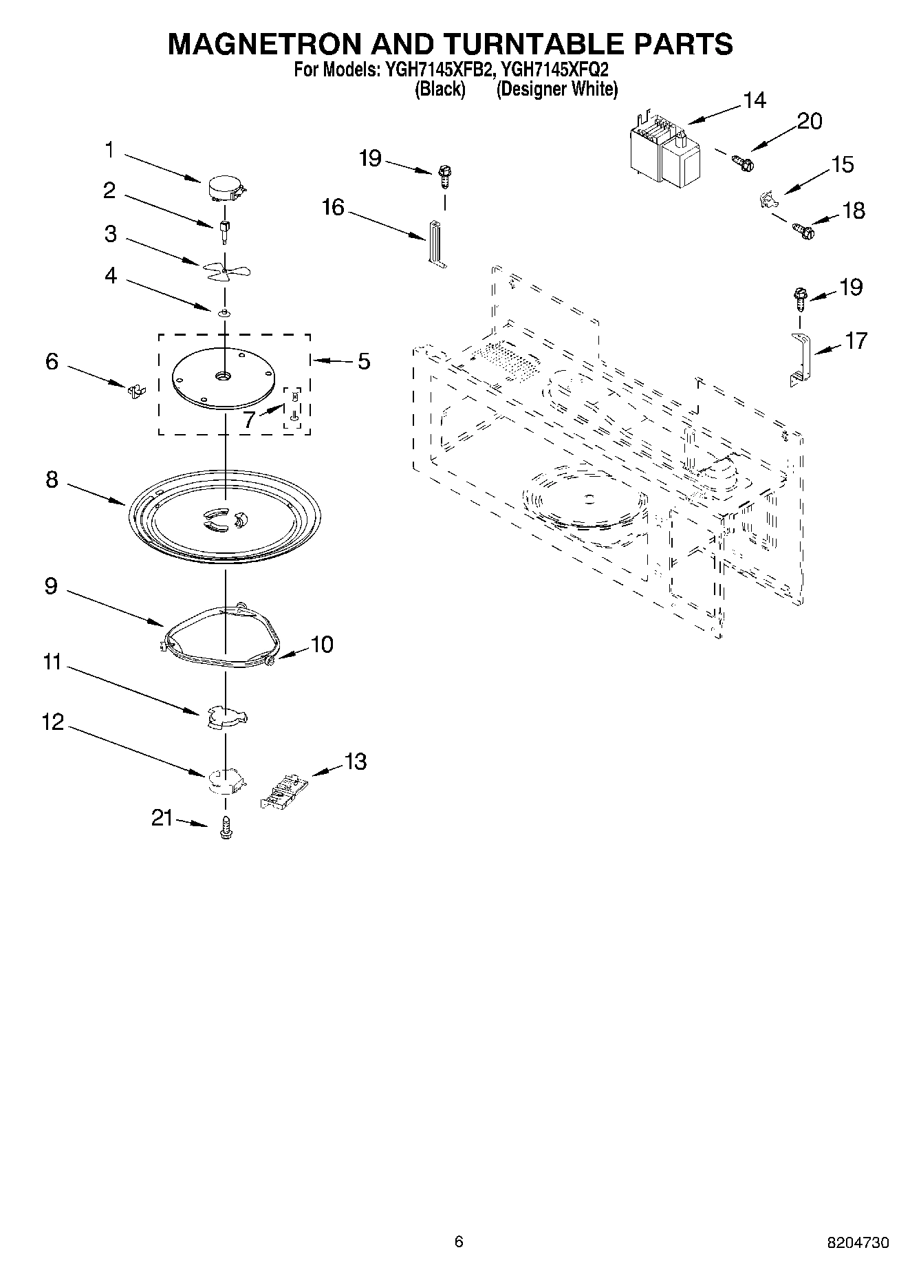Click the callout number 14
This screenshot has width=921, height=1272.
point(754,100)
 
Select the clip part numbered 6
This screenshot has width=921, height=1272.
point(136,391)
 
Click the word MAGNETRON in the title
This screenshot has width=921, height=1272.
point(263,43)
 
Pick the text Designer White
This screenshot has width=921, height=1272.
point(557,89)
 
